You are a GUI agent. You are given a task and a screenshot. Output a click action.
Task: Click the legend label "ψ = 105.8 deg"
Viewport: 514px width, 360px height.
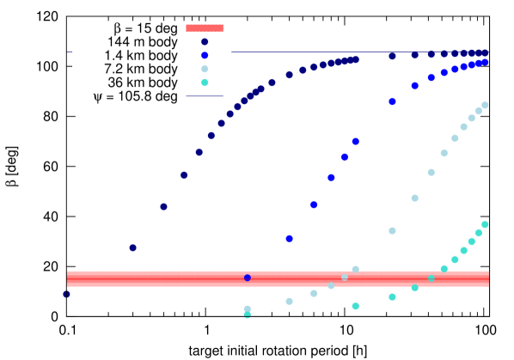point(136,96)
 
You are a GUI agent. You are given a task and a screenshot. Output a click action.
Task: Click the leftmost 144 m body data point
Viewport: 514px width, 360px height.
point(66,294)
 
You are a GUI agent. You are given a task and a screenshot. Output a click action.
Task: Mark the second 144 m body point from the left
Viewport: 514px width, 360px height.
point(132,247)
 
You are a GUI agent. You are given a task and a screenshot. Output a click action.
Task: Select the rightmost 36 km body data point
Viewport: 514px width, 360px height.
point(485,224)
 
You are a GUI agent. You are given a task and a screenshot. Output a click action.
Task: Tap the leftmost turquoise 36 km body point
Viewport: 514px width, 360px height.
point(356,306)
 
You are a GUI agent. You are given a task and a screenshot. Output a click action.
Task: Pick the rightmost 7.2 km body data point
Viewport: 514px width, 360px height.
point(485,106)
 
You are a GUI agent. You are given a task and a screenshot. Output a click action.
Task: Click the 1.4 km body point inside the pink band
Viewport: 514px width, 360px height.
point(248,278)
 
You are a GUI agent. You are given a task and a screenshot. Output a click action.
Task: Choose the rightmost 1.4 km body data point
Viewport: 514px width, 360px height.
point(485,62)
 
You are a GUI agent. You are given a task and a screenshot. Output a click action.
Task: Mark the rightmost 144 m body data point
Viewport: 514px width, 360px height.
point(485,52)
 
